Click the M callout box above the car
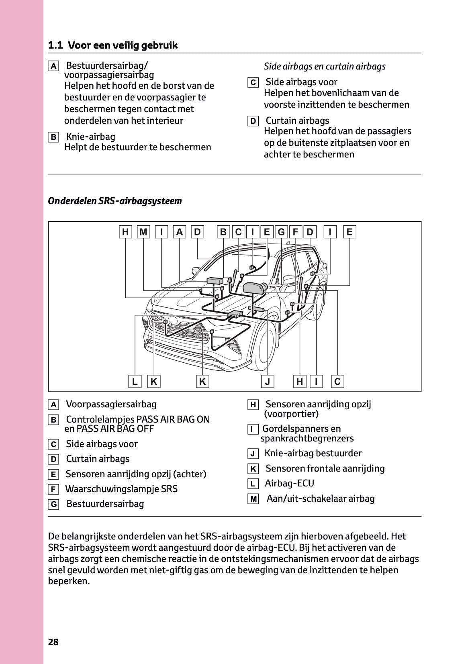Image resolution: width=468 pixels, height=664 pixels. point(143,232)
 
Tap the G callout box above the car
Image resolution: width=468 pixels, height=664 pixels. point(281,232)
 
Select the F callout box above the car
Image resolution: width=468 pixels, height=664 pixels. point(296,232)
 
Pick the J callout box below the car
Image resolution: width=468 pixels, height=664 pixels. point(268,381)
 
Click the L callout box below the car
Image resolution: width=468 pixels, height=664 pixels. point(135,381)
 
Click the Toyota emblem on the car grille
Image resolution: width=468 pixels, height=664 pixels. point(173,320)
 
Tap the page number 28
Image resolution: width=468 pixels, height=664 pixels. point(53,642)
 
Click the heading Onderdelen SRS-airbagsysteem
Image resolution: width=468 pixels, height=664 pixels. point(115,201)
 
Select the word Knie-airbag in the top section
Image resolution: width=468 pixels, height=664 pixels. point(90,137)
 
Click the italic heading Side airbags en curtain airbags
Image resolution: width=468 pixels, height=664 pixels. point(325,66)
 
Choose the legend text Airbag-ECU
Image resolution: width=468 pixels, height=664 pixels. point(289,483)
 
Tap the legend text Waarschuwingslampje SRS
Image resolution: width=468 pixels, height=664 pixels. point(121,489)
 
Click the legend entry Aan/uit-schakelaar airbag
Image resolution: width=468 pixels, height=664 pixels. point(321,499)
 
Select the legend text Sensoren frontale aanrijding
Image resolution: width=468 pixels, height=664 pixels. point(325,468)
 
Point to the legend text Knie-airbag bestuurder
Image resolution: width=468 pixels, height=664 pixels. point(313,453)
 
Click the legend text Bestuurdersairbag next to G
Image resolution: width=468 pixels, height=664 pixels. point(105,504)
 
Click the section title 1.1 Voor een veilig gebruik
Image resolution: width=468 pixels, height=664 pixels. point(113,45)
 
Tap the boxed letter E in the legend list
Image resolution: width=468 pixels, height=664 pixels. point(53,474)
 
